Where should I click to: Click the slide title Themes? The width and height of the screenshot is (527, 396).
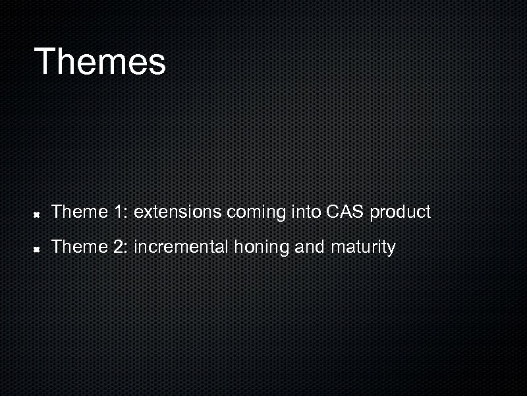point(100,61)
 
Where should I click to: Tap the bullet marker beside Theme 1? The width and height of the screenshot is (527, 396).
point(38,214)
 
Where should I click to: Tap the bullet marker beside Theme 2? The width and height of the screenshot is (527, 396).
point(38,249)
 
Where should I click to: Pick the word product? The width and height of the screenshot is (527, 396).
point(400,213)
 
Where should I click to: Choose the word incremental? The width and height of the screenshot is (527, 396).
point(180,247)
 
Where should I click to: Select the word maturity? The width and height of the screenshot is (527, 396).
point(363,248)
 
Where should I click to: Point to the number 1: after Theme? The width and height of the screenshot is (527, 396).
point(121,212)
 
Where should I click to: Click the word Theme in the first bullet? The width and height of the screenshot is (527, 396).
point(79,212)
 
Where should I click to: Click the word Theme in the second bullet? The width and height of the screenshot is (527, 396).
point(79,247)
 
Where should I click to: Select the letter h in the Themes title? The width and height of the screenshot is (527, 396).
point(67,61)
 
